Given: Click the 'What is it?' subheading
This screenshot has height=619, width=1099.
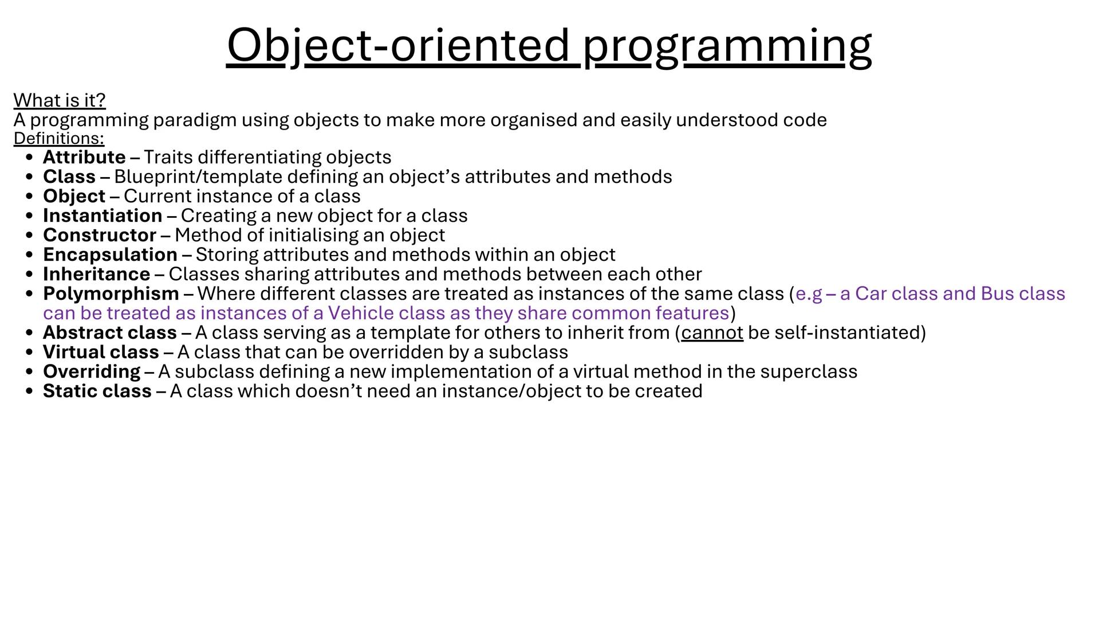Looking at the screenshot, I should point(60,100).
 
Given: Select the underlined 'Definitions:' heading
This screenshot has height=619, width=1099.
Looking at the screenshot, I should point(59,139).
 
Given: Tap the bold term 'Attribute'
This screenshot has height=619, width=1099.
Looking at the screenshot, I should point(84,157).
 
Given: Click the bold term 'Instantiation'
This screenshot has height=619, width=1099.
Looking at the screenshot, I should point(103,216).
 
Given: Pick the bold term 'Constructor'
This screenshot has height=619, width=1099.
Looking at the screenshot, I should point(100,235).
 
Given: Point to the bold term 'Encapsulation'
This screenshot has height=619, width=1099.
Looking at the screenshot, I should point(110,254).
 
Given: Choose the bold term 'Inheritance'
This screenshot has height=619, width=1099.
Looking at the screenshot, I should point(96,274).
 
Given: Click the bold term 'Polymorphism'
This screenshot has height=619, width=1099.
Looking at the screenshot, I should point(111,293).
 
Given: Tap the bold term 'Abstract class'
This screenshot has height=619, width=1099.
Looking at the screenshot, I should point(110,332).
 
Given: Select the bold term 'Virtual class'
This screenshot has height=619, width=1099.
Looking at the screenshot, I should point(101,352).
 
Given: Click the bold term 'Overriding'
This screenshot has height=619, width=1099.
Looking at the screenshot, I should point(92,371).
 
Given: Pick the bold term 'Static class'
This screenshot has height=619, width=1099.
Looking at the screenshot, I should point(97,391).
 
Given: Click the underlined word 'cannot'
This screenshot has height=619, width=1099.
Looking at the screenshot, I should point(712,332).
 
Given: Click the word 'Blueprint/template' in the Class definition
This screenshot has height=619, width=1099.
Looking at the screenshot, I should point(198,177).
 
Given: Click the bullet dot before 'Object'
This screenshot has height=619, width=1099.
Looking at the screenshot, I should point(30,197).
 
